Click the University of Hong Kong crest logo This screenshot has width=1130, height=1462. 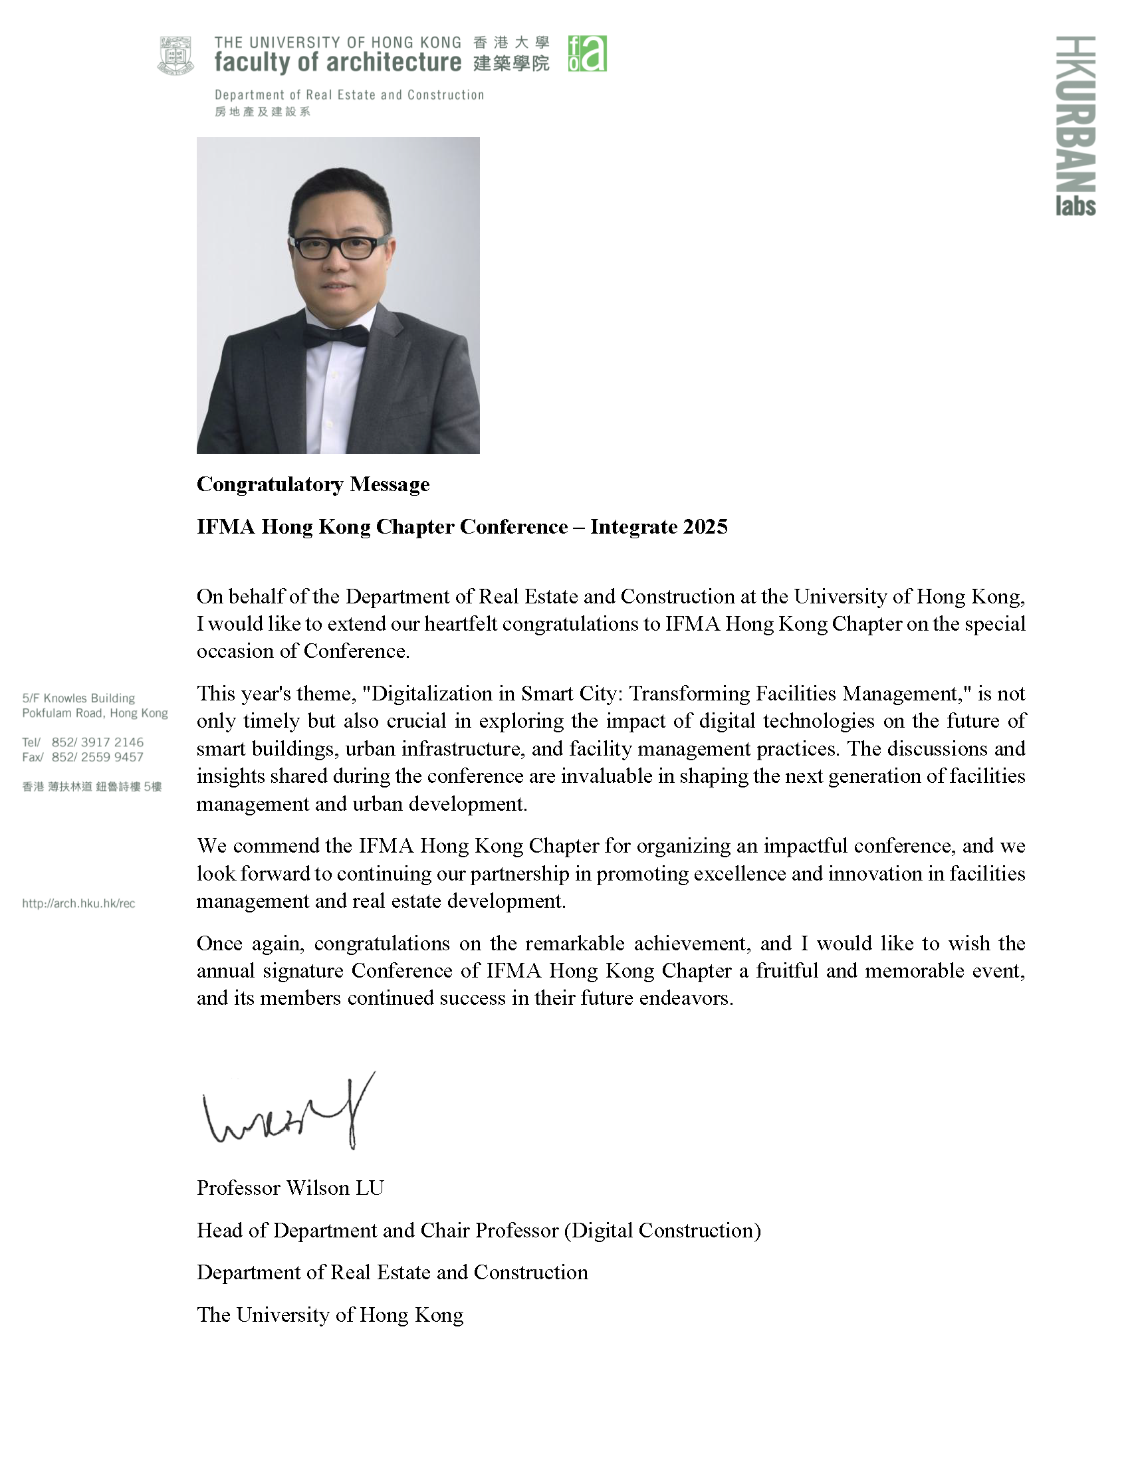(176, 56)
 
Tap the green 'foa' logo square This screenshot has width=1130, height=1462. (587, 54)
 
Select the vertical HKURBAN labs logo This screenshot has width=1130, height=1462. (1075, 126)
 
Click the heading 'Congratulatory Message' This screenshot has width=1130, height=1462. (312, 484)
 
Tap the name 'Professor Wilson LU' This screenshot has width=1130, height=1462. (290, 1188)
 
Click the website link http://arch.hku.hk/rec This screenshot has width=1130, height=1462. (78, 904)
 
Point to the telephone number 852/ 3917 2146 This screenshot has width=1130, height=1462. (97, 742)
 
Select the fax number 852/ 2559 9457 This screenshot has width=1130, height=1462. (97, 757)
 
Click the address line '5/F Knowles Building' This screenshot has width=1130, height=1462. (78, 698)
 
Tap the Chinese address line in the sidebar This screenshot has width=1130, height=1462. (92, 787)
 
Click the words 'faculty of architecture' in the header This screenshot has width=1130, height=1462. (338, 63)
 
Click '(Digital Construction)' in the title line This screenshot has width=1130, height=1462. (662, 1230)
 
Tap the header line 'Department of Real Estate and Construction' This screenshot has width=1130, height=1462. (349, 95)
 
